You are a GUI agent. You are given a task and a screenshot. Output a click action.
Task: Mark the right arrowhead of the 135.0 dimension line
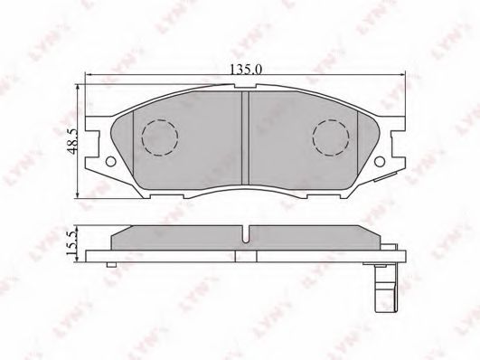[408, 74]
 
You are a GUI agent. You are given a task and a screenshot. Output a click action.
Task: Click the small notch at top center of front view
[247, 92]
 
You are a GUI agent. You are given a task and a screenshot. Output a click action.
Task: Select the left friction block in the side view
[176, 237]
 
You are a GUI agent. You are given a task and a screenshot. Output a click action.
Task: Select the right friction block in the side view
[312, 237]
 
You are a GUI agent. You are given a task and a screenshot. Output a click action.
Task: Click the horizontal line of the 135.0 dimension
[181, 74]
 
